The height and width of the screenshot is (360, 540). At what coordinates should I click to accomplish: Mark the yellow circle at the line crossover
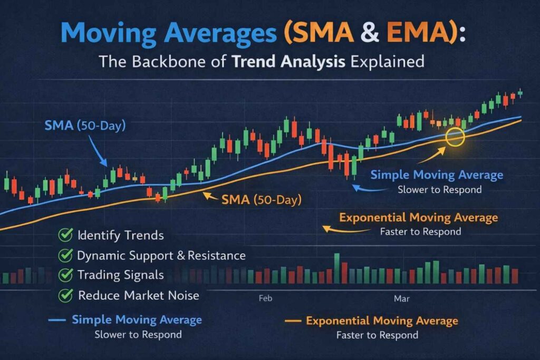click(x=455, y=137)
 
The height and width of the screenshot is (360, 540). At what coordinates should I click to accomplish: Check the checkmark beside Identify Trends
click(x=66, y=236)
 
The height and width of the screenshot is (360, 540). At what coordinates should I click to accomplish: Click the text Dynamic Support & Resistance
click(x=161, y=256)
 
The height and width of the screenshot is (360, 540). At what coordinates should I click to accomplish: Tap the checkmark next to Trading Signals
click(x=66, y=275)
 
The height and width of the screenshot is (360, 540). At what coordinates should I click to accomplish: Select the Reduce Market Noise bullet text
click(x=139, y=295)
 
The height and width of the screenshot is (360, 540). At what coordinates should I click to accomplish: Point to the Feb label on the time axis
click(x=265, y=298)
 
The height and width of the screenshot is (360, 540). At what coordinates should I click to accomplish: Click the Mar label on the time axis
click(x=402, y=298)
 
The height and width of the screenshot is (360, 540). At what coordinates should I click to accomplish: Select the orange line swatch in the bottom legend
click(x=293, y=320)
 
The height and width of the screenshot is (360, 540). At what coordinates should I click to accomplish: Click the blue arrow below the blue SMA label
click(x=100, y=157)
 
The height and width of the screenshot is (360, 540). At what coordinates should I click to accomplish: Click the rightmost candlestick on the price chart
click(x=520, y=93)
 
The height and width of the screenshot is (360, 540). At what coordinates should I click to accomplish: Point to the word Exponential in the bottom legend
click(x=339, y=320)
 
